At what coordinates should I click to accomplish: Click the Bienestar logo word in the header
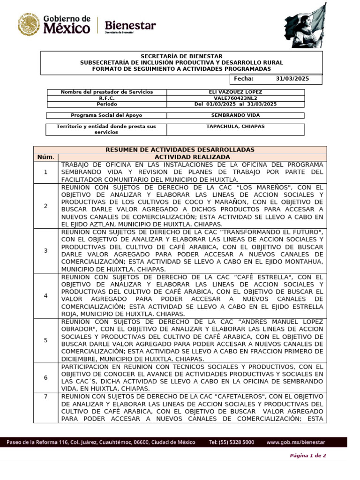coord(130,25)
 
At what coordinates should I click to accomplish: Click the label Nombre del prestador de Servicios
coord(107,92)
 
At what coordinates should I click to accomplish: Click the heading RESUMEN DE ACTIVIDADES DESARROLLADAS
coord(180,150)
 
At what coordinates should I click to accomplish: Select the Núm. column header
coord(46,157)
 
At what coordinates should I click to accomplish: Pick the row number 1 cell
coord(46,172)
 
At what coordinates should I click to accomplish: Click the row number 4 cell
coord(46,296)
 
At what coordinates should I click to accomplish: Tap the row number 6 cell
coord(46,377)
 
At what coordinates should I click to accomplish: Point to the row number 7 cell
coord(46,397)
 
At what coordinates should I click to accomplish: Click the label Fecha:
coord(243,79)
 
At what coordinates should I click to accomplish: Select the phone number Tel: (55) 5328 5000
coord(232,442)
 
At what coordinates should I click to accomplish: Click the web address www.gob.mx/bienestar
coord(295,442)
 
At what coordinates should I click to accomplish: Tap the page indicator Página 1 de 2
coord(308,456)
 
